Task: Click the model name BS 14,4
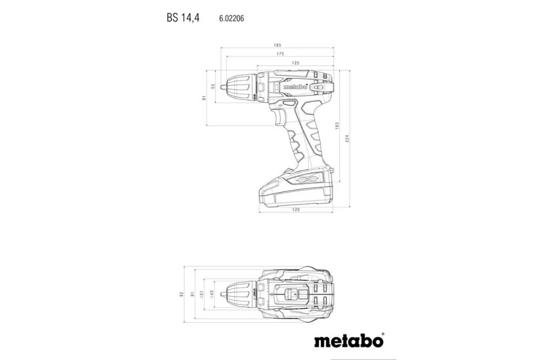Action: click(x=183, y=18)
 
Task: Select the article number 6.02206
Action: click(x=231, y=18)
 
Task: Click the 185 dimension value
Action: click(x=277, y=45)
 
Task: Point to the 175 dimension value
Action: click(x=280, y=54)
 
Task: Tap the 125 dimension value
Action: click(x=295, y=63)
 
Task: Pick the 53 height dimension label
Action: click(x=213, y=86)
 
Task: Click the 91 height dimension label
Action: click(x=205, y=98)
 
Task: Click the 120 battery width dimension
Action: click(x=295, y=209)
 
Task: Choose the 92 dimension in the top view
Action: click(x=183, y=295)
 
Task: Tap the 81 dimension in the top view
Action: click(x=192, y=295)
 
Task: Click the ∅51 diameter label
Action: click(x=202, y=295)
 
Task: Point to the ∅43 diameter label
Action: click(x=212, y=295)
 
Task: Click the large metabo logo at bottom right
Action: click(x=348, y=341)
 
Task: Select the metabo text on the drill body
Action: click(x=295, y=86)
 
